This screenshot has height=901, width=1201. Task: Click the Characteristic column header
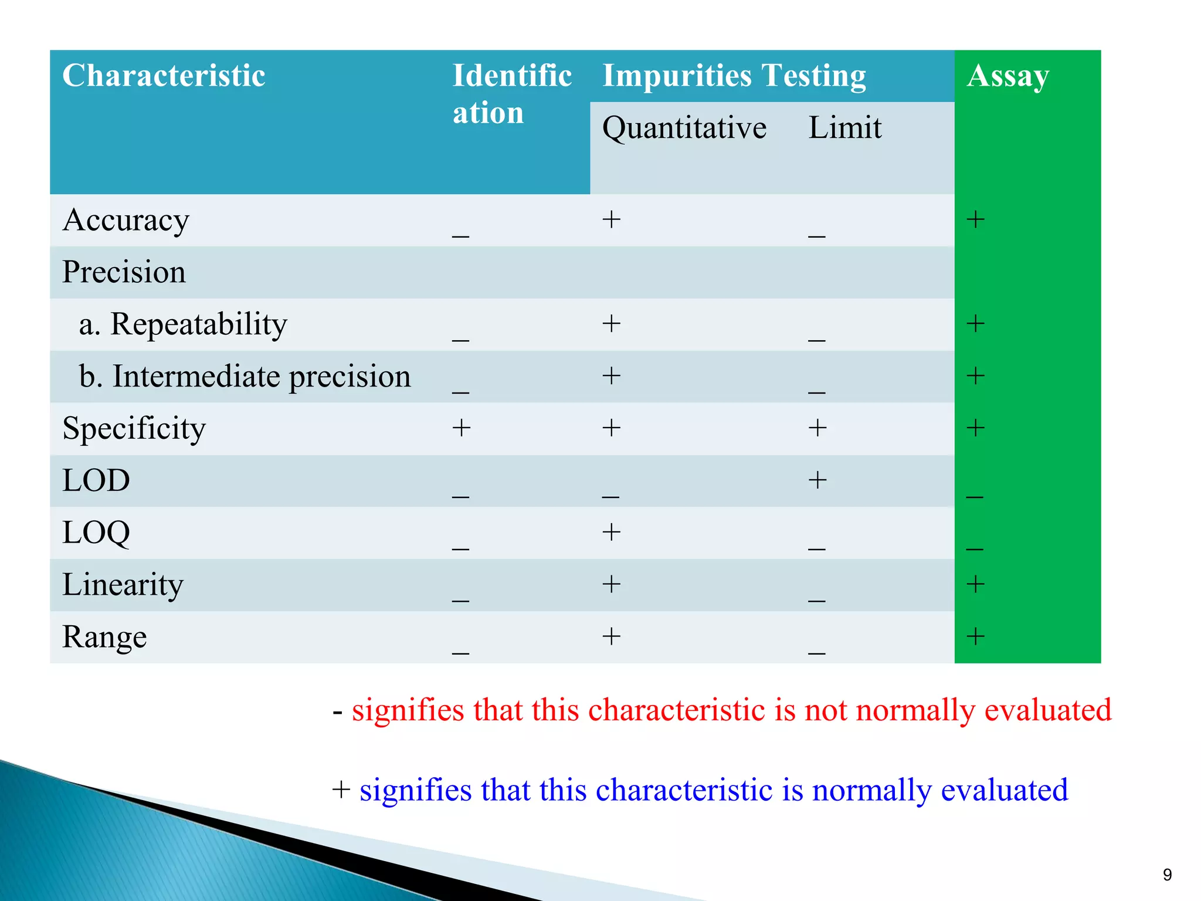(164, 76)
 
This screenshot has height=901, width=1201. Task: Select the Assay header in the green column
(1007, 76)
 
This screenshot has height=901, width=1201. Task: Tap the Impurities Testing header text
(734, 76)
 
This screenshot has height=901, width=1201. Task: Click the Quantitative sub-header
(684, 128)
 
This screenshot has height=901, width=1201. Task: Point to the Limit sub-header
(844, 128)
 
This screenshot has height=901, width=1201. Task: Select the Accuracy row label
(125, 221)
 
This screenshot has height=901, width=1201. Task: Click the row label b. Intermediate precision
(245, 377)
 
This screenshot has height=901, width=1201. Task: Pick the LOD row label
(96, 480)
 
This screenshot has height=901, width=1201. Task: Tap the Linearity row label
(123, 585)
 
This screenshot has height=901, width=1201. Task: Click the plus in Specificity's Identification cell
(462, 428)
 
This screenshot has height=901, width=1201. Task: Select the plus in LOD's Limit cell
(817, 480)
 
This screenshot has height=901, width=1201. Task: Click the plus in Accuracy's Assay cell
(975, 220)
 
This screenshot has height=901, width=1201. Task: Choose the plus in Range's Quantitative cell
(611, 636)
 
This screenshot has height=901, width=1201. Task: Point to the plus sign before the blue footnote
(341, 790)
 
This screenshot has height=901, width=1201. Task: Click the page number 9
(1167, 875)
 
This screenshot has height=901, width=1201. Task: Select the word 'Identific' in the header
(512, 76)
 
